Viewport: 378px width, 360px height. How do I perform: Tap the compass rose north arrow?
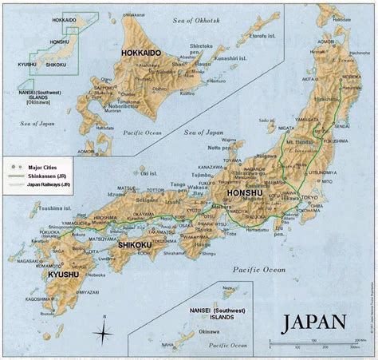point(103,330)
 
